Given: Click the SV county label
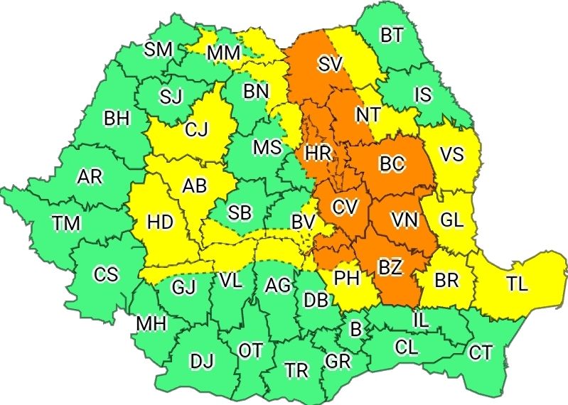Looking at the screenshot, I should coord(331,65).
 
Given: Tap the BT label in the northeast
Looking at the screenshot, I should coord(391,36).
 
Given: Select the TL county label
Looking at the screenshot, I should coord(518,284).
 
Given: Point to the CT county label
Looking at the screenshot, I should coord(481,351).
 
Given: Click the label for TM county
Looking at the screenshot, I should coord(66,224).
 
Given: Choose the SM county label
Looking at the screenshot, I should coord(158,49).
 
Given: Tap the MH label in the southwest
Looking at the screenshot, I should coord(151,324).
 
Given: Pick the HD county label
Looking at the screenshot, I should coord(160,222).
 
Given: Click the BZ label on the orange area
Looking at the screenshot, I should coord(390,268).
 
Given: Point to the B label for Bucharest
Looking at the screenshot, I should coord(355,328).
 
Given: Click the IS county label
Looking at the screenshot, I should coord(423,94).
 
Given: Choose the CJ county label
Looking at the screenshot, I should coord(196,130).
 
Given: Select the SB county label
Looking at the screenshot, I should coord(239,212).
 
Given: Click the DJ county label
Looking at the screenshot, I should coord(202,361).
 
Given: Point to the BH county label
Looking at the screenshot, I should coord(117,118).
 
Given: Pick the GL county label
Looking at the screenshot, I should coord(451,220).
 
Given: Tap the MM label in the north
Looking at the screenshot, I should coord(224,53).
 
